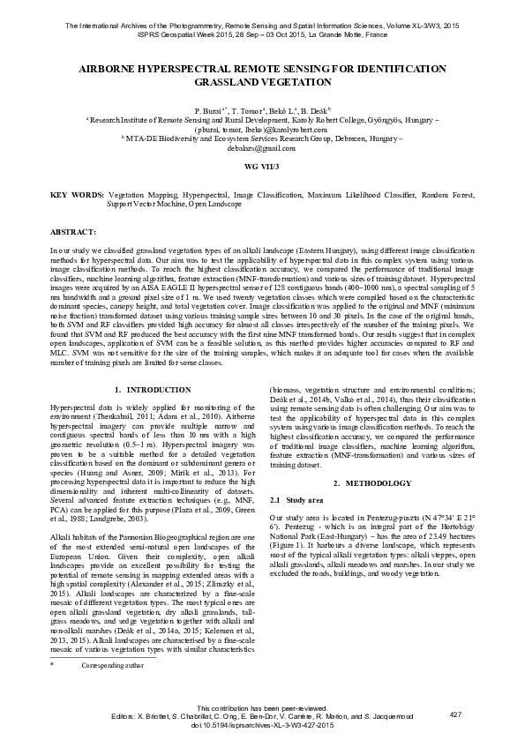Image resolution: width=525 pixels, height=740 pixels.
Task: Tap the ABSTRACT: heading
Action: (72, 232)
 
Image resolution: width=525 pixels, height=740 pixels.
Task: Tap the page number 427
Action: (455, 714)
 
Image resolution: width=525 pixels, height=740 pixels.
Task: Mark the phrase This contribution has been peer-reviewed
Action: (262, 707)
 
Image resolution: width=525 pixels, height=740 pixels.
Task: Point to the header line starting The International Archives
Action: (262, 26)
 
